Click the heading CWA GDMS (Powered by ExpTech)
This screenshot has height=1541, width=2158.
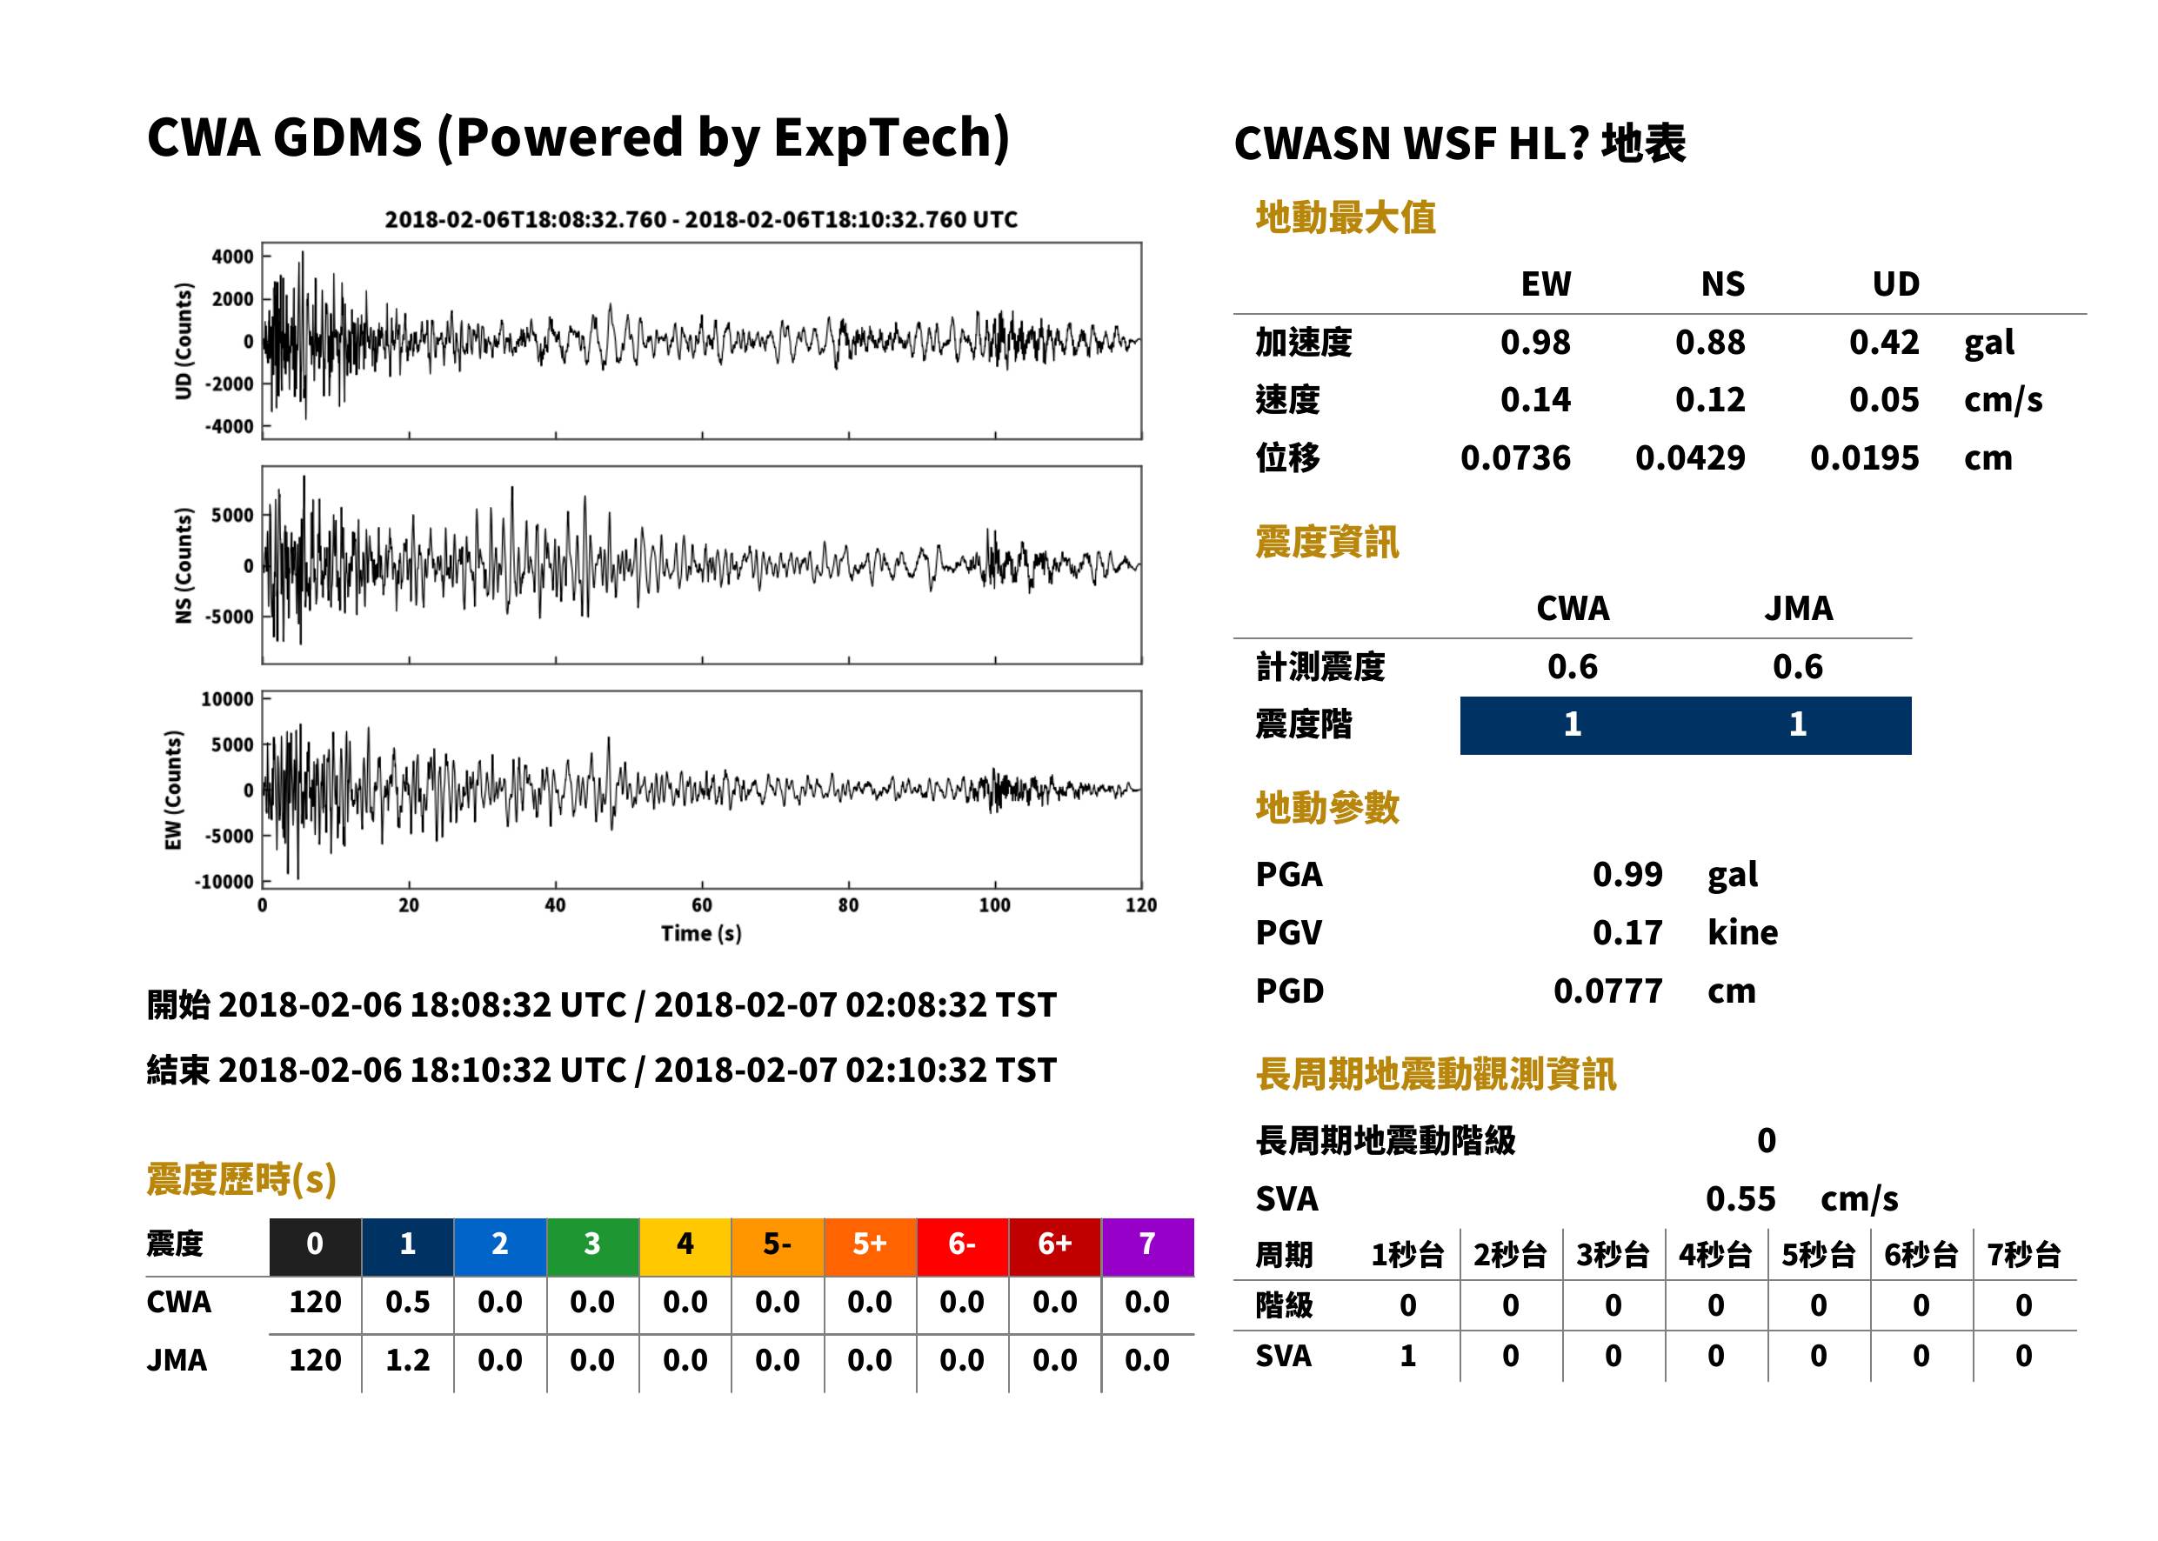pos(578,138)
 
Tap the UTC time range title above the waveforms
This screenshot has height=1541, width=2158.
pos(701,219)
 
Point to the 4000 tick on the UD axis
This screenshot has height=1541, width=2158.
pos(232,257)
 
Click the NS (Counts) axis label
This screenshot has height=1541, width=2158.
pos(184,565)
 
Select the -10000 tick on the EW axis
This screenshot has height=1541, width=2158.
pos(224,882)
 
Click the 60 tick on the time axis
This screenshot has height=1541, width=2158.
pos(701,904)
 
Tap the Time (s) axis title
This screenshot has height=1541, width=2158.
pos(701,933)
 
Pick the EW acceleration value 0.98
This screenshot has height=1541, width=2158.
pos(1535,342)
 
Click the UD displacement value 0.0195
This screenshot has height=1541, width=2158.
pos(1865,458)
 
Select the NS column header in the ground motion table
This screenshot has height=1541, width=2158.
pos(1722,284)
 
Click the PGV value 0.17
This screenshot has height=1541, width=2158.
pos(1627,933)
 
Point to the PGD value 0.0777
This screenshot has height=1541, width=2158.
pos(1608,991)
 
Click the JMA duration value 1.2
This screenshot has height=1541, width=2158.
pos(407,1360)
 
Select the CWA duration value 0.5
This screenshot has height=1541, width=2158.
pos(407,1302)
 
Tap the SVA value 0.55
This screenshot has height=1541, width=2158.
pos(1740,1198)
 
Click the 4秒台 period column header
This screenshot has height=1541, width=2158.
pos(1714,1254)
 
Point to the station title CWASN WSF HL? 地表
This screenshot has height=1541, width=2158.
pos(1460,144)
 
